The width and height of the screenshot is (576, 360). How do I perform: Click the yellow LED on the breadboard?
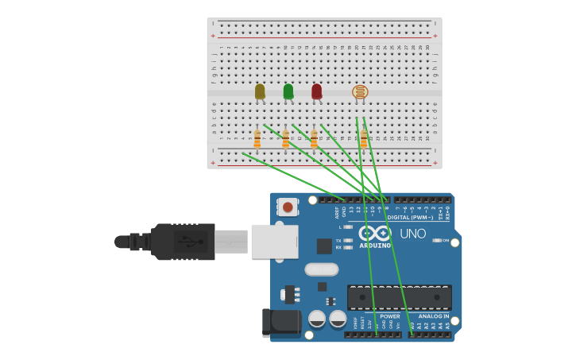[260, 91]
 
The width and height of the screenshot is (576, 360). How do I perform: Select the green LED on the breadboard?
[288, 91]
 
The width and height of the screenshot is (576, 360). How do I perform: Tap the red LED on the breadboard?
[316, 91]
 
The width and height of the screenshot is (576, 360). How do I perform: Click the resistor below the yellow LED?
[257, 138]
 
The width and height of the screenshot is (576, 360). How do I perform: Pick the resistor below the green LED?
[285, 138]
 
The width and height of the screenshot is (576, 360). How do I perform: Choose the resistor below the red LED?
[314, 138]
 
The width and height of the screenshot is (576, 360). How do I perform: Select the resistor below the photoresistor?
[364, 138]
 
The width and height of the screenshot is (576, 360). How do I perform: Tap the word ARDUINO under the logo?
[374, 245]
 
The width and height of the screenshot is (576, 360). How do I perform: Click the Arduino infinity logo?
[374, 233]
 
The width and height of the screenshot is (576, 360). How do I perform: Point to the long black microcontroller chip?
[400, 297]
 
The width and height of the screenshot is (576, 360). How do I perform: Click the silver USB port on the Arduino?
[274, 241]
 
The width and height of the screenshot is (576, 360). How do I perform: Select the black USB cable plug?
[183, 242]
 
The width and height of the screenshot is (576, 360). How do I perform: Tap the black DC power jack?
[282, 322]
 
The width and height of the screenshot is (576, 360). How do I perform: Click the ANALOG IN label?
[434, 316]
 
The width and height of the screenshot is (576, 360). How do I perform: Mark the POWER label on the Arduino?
[389, 316]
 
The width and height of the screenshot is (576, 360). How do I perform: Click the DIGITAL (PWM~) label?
[410, 217]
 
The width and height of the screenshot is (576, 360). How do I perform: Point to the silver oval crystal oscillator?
[321, 269]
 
